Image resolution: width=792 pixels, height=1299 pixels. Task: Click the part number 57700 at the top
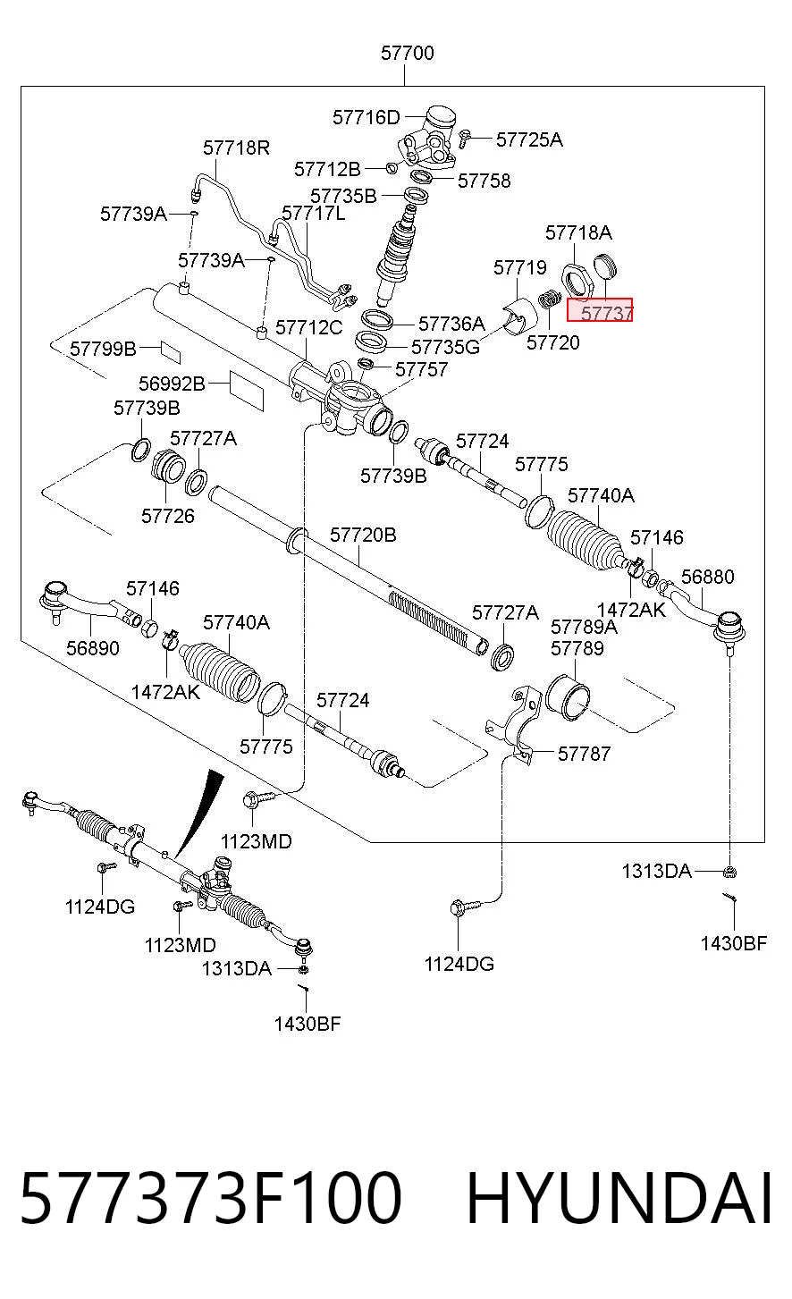point(407,53)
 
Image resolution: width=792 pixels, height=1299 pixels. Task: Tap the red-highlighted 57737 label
point(600,309)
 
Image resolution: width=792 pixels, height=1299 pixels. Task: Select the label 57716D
point(366,118)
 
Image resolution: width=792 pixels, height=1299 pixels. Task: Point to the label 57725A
point(529,139)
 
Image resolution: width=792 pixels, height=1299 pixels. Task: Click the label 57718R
point(237,148)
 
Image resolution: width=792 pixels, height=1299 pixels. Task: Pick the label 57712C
point(308,327)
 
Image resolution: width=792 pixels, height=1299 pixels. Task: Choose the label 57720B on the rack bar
point(363,535)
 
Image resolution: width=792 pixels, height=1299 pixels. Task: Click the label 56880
point(707,577)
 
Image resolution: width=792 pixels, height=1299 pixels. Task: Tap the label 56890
point(93,648)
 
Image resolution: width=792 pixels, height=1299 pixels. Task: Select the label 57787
point(585,754)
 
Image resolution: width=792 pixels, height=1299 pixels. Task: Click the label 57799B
point(103,349)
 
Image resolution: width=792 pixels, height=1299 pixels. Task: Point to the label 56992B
point(172,384)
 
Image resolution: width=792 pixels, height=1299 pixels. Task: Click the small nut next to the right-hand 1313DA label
point(730,871)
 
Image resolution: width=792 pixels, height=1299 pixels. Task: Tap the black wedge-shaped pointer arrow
point(199,812)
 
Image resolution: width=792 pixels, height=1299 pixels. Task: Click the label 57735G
point(445,347)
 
